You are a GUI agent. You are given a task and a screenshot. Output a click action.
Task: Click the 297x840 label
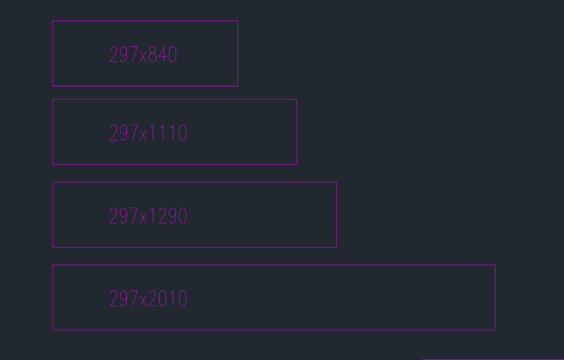coord(143,55)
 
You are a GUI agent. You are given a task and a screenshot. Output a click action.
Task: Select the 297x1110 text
coord(148,133)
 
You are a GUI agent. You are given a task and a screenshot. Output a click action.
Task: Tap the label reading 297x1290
coord(148,216)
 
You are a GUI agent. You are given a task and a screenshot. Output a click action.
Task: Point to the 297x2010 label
coord(148,299)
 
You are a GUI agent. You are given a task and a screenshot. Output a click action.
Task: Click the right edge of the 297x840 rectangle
coord(238,54)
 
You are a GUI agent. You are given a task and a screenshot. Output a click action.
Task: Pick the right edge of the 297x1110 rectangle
coord(297,132)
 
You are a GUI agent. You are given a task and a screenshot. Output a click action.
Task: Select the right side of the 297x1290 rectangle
coord(337,215)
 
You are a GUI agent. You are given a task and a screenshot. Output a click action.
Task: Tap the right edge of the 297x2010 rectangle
coord(496,297)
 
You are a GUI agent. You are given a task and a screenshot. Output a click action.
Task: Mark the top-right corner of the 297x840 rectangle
coord(238,21)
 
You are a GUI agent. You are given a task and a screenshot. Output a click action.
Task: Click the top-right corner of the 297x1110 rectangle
coord(297,99)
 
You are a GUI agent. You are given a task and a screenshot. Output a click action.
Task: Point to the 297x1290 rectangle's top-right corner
coord(337,182)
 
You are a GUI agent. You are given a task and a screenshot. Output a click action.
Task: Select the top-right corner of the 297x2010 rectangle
coord(496,265)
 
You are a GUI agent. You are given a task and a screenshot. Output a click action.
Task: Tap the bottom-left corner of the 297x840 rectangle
coord(53,86)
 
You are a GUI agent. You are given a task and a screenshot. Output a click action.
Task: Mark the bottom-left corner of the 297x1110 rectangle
coord(53,165)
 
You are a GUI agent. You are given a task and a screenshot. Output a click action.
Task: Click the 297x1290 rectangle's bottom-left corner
coord(53,247)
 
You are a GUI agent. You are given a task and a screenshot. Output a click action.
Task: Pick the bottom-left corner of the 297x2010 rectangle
coord(53,330)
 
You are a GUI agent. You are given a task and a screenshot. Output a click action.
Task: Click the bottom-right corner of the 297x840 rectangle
coord(238,86)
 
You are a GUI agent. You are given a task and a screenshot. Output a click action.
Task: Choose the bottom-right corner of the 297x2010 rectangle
coord(496,330)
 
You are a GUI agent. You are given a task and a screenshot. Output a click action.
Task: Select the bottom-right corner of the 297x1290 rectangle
coord(337,247)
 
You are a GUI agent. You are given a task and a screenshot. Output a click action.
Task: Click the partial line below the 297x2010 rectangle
coord(493,359)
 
